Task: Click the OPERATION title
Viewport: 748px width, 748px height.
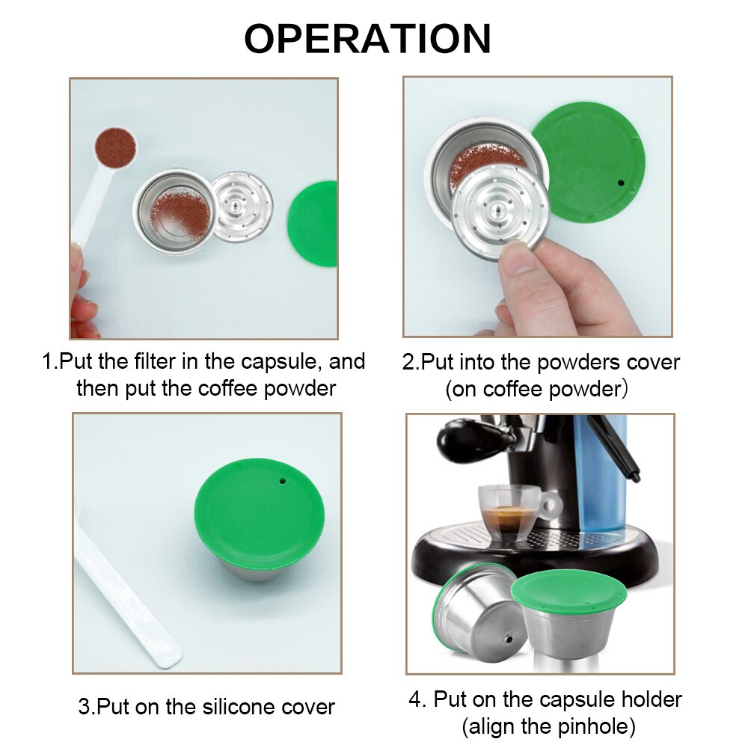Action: pos(367,39)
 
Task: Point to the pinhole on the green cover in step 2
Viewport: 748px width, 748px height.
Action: pos(620,183)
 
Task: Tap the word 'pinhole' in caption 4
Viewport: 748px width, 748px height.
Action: pos(592,725)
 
